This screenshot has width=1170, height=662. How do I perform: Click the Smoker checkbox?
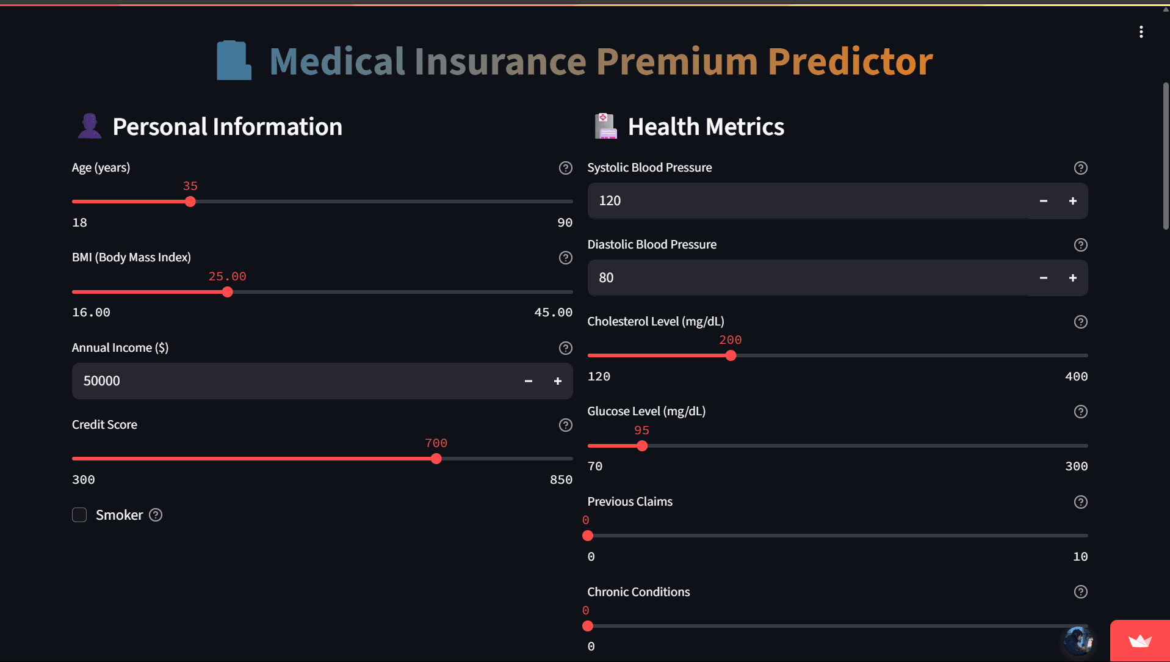pos(79,515)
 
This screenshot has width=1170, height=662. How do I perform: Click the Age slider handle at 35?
pos(190,202)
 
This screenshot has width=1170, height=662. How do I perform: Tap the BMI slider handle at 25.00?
pos(228,292)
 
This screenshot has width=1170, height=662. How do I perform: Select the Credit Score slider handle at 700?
pos(436,459)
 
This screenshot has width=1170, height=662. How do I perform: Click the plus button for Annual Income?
pos(557,381)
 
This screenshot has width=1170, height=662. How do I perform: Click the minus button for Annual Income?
pos(529,381)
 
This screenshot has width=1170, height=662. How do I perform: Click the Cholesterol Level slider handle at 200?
pos(731,355)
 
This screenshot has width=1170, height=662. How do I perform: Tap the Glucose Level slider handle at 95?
pos(642,446)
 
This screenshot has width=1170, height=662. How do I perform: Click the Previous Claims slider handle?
pos(588,536)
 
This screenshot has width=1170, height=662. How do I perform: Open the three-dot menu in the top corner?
pos(1141,32)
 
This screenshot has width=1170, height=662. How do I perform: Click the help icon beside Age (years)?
pos(565,168)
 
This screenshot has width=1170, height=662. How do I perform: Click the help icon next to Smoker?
pos(156,515)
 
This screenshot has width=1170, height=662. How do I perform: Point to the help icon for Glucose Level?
pos(1080,412)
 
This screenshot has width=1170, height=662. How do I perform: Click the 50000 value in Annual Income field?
pos(102,381)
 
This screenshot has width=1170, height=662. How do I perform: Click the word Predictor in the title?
pos(850,61)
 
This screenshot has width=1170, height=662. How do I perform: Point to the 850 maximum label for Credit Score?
pos(560,479)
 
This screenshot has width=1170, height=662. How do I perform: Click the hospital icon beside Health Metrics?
pos(605,126)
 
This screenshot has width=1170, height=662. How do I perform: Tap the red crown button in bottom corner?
pos(1139,641)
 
